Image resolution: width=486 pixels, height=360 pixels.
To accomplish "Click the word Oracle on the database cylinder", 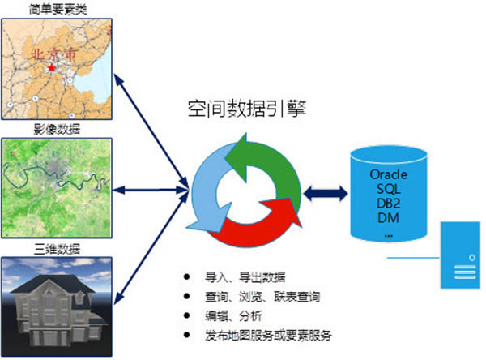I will [387, 174].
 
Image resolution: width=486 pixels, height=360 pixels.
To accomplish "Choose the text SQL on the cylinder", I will [387, 189].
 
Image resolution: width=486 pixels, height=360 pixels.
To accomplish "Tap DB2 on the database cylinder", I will [387, 204].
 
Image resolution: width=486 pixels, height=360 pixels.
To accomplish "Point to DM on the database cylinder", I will [387, 218].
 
